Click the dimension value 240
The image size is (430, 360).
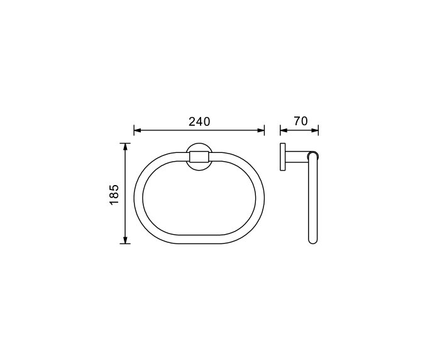click(x=199, y=121)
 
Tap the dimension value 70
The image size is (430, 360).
click(x=300, y=121)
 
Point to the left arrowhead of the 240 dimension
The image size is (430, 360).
click(x=138, y=131)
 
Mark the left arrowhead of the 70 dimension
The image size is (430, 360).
click(x=283, y=131)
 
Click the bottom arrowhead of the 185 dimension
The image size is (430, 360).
click(x=126, y=240)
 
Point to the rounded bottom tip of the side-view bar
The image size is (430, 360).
click(x=312, y=242)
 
